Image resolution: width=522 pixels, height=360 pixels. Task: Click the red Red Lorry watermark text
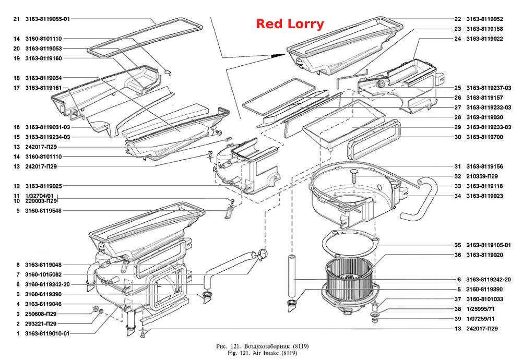[290, 24]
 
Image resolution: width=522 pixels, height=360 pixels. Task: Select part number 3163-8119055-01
[48, 19]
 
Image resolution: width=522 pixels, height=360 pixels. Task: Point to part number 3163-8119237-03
[489, 88]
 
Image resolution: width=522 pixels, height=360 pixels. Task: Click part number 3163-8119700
[484, 137]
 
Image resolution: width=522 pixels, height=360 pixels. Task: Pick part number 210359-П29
[482, 176]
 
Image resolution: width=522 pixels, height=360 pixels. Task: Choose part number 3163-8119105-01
[489, 245]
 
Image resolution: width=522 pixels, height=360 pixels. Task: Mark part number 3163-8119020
[484, 255]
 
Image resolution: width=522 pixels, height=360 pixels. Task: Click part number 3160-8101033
[484, 299]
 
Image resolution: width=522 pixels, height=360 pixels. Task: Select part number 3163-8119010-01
[48, 333]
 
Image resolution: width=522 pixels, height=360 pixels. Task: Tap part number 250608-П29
[41, 314]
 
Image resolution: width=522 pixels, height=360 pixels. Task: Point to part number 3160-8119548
[43, 211]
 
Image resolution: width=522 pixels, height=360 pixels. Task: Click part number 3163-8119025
[44, 186]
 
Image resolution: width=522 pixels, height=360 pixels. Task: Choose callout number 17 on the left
[17, 88]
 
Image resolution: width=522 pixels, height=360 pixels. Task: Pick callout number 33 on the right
[458, 186]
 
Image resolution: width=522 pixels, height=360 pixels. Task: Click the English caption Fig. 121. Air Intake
[263, 353]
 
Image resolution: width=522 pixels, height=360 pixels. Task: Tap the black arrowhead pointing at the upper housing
[278, 56]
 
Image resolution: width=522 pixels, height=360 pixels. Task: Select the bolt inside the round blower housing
[353, 175]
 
